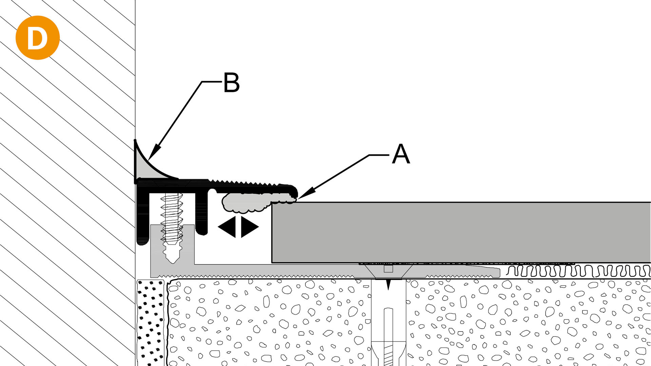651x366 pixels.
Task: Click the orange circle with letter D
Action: coord(38,38)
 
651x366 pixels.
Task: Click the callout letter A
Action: coord(401,154)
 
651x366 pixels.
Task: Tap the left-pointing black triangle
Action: coord(227,227)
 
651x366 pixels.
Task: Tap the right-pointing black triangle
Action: coord(249,227)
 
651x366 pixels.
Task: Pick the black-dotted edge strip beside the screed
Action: coord(150,322)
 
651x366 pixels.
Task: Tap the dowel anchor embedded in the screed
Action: coord(389,326)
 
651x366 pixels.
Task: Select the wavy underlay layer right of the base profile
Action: coord(576,271)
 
